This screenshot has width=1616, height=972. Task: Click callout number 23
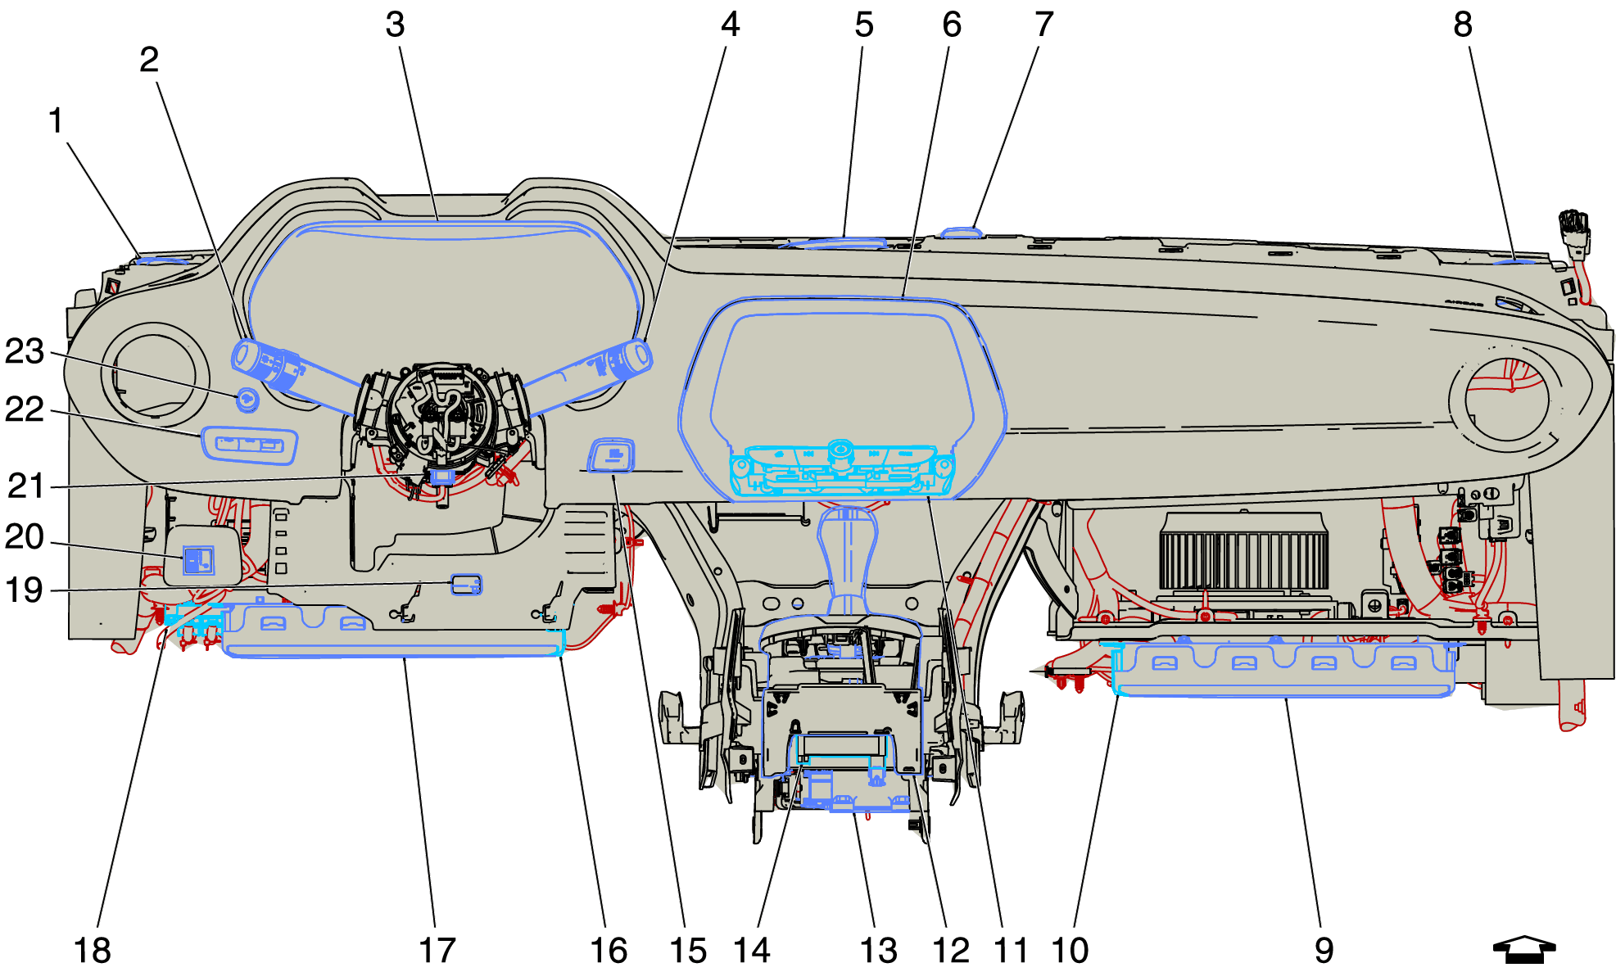[25, 351]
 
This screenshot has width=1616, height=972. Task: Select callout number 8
[1463, 25]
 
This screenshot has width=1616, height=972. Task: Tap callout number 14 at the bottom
[751, 951]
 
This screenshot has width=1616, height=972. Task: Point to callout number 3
[395, 25]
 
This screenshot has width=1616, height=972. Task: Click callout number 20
[25, 537]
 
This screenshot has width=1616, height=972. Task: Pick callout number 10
[1070, 951]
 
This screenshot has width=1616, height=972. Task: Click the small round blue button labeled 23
[247, 400]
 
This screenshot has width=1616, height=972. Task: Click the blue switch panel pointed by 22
[249, 445]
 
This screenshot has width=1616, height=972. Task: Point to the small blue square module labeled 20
[197, 561]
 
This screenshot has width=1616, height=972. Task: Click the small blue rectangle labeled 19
[466, 584]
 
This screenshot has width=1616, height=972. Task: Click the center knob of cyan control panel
[840, 450]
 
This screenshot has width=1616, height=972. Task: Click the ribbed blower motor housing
[1243, 553]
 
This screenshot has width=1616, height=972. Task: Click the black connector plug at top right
[1573, 230]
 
